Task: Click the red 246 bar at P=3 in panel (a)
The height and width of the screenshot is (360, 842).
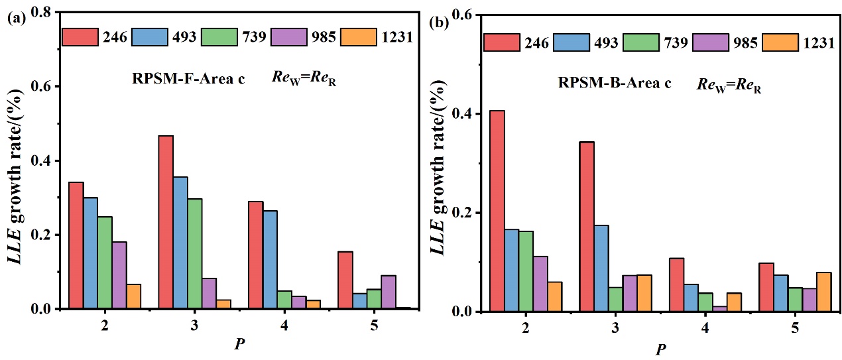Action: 166,222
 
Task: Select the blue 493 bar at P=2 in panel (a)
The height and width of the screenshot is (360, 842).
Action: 90,253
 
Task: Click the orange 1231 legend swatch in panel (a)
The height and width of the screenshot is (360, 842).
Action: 355,36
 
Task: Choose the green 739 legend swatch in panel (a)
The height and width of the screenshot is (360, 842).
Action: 217,36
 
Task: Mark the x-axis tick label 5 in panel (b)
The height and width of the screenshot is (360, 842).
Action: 794,329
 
